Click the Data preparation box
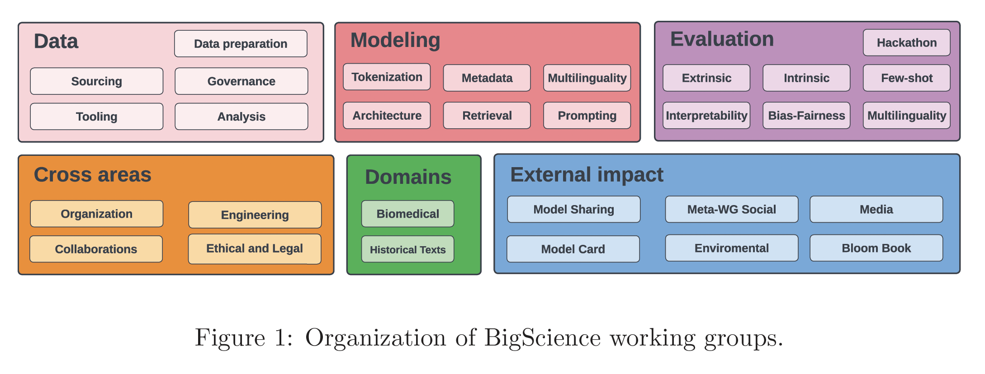[x=241, y=44]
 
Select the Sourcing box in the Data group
[x=97, y=81]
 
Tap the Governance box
[x=242, y=81]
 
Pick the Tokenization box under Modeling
[x=387, y=77]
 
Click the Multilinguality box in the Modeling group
[x=587, y=78]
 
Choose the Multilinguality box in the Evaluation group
[x=907, y=116]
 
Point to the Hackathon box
[x=907, y=43]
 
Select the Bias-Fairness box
[x=806, y=116]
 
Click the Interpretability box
[x=706, y=116]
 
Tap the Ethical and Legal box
[x=255, y=249]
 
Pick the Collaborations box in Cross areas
[x=96, y=249]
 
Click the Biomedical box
[x=408, y=214]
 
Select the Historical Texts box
[x=408, y=249]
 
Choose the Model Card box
[x=573, y=249]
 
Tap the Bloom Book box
[x=876, y=248]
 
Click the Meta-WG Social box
[x=732, y=209]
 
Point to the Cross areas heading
[x=93, y=175]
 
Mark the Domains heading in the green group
[x=408, y=177]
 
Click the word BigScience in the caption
[x=543, y=338]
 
